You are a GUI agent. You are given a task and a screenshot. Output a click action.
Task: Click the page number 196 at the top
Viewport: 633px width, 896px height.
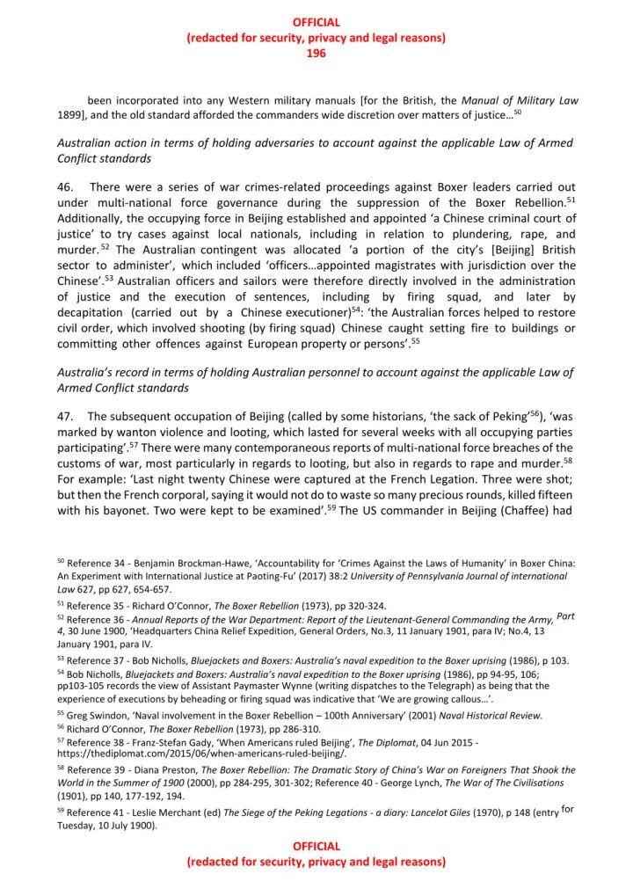pyautogui.click(x=316, y=54)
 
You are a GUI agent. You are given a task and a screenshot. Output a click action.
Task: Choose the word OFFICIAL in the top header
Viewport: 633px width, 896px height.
pyautogui.click(x=316, y=22)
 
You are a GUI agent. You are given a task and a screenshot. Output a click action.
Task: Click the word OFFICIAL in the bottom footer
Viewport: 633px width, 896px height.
pyautogui.click(x=316, y=846)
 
